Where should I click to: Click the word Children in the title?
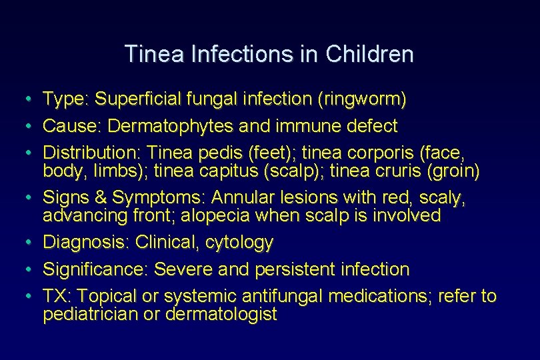(369, 54)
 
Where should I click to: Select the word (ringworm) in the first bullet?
(363, 100)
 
